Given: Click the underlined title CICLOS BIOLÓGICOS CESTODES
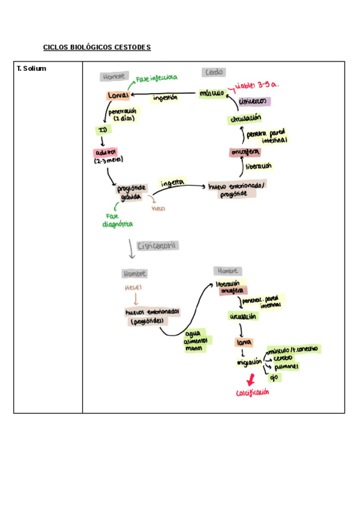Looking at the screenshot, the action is (97, 47).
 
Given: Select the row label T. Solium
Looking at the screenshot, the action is (32, 68).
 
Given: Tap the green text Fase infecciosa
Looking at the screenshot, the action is (157, 79).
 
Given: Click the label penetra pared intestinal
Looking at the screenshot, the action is (268, 136).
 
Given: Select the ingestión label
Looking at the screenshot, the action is (166, 98).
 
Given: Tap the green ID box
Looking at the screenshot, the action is (103, 130).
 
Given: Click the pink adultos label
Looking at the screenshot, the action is (105, 152).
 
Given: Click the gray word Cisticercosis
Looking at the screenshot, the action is (158, 245).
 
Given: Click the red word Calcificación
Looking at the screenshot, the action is (252, 393).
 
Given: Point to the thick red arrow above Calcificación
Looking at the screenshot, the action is (251, 379).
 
